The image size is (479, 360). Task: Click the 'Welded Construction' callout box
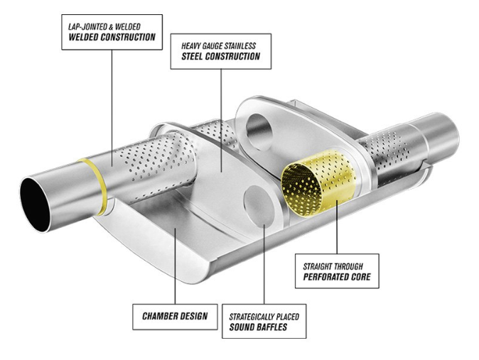(112, 32)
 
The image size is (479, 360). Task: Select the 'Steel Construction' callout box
(220, 51)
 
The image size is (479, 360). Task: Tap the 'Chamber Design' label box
(175, 317)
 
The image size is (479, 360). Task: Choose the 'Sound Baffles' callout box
(264, 321)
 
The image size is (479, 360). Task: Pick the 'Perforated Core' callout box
(337, 271)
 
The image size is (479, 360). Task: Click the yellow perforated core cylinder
(318, 182)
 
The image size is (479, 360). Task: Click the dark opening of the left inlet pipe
(34, 204)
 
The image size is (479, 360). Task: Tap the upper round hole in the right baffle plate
(259, 132)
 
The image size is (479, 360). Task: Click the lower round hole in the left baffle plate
(259, 205)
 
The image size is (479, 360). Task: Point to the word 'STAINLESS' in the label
(239, 46)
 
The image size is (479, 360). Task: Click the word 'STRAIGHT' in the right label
(318, 266)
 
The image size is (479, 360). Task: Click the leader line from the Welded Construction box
(112, 108)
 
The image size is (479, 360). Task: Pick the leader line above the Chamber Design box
(176, 266)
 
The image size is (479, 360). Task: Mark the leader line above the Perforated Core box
(337, 227)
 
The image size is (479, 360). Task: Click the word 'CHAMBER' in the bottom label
(158, 316)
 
